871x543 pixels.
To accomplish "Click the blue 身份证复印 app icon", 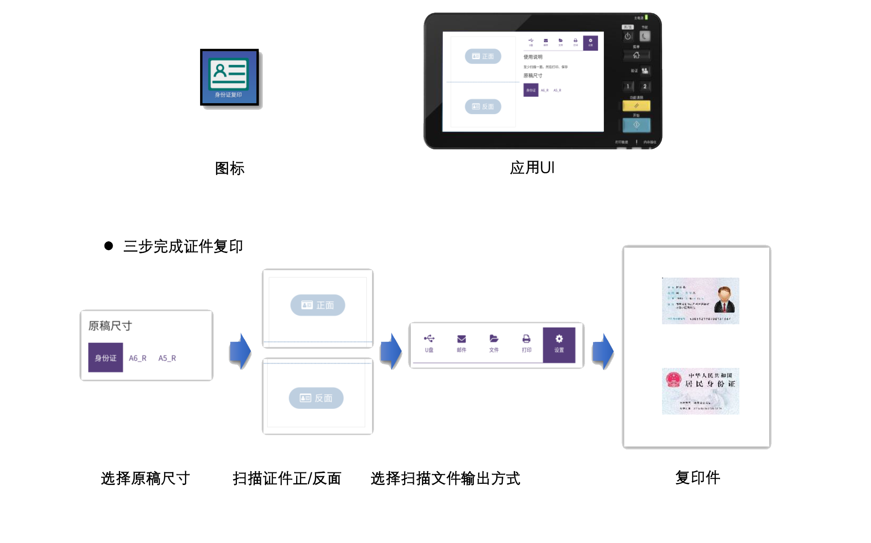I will click(x=229, y=77).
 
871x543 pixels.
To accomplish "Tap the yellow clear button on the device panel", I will click(x=636, y=106).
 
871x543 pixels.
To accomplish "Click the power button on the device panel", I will click(x=628, y=36).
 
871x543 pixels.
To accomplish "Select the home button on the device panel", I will click(x=636, y=55).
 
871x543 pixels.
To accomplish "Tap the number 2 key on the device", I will click(x=645, y=86).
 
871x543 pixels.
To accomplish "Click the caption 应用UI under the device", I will click(x=532, y=168).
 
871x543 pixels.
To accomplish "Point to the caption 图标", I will click(x=230, y=169).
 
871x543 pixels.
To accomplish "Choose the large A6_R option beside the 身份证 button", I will click(x=137, y=358).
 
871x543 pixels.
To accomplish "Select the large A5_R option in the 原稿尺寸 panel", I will click(x=167, y=358).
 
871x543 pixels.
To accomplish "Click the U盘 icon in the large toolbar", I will click(x=429, y=343).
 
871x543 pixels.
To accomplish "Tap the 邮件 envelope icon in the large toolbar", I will click(x=461, y=343).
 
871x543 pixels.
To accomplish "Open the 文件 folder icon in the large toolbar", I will click(x=494, y=343).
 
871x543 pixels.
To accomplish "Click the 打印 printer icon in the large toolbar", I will click(x=526, y=343).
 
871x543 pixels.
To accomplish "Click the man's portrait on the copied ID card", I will click(x=724, y=300).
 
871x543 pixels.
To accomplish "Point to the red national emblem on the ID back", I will click(x=674, y=380).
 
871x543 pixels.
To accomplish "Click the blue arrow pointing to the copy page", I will click(x=603, y=351).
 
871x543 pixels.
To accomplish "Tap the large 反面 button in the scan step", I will click(x=316, y=398).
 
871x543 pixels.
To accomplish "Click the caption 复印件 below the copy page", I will click(x=698, y=478).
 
